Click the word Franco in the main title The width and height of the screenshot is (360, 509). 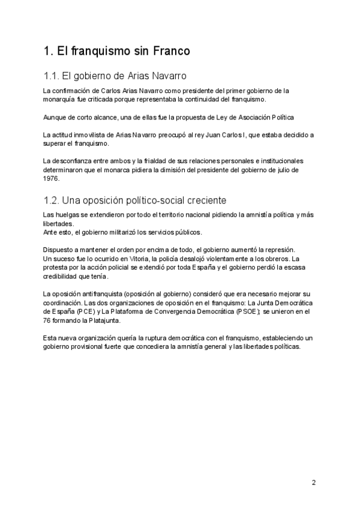(170, 52)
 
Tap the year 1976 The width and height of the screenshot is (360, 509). (52, 178)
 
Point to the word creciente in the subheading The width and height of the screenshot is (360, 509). (205, 200)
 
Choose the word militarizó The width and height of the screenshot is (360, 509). (123, 232)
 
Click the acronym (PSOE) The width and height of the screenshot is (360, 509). (248, 312)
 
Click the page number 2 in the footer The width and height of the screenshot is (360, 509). (313, 482)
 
